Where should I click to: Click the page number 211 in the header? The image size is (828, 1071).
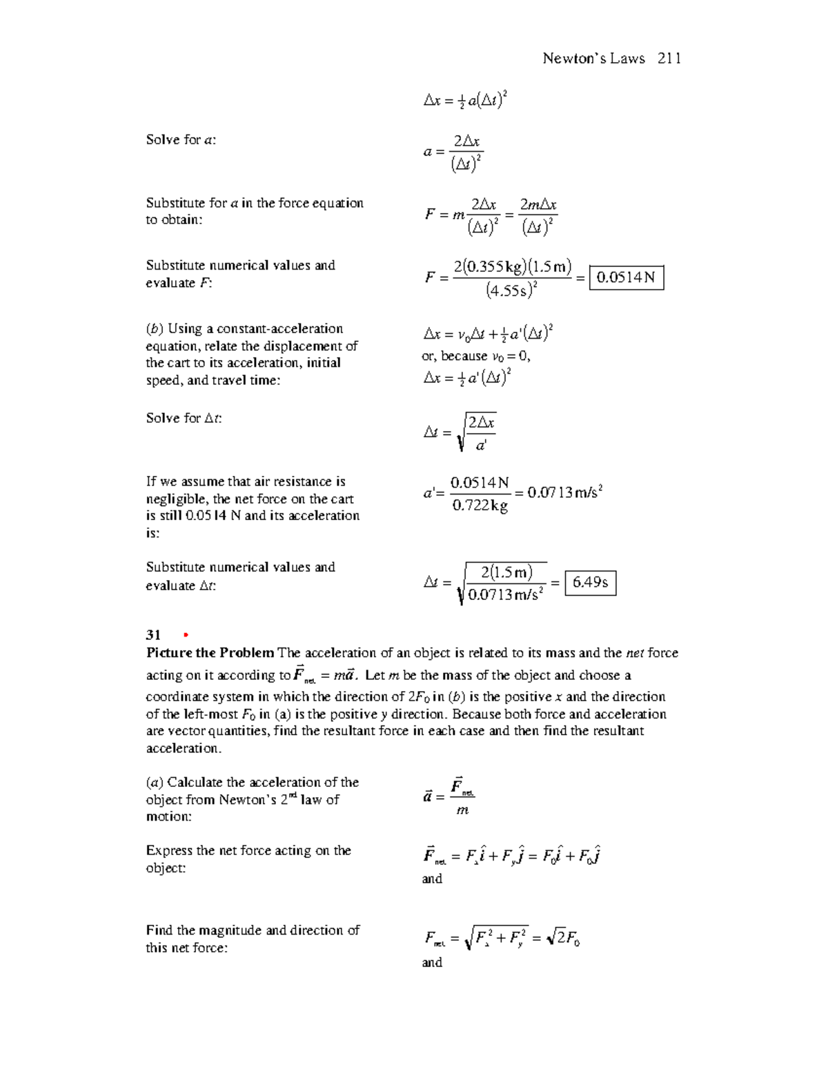point(669,59)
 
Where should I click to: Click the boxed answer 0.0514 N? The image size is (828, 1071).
point(626,278)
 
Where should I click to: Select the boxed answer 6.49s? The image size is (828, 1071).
point(590,583)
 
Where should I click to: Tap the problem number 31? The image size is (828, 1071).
point(153,635)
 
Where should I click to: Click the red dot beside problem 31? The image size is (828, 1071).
point(185,635)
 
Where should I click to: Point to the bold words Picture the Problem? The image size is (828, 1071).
point(210,652)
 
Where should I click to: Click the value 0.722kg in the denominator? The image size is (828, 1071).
point(480,506)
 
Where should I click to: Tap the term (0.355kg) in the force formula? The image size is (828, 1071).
point(495,267)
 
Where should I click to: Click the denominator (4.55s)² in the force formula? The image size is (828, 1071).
point(511,290)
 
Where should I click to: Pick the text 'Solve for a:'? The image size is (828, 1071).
point(181,140)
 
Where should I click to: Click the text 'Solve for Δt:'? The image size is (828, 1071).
point(184,419)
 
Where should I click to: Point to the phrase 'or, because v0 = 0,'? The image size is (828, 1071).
point(475,357)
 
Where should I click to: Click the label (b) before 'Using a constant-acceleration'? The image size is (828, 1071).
point(155,329)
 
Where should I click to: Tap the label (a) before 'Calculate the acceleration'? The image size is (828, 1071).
point(155,783)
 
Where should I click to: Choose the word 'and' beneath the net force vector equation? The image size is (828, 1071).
point(432,879)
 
